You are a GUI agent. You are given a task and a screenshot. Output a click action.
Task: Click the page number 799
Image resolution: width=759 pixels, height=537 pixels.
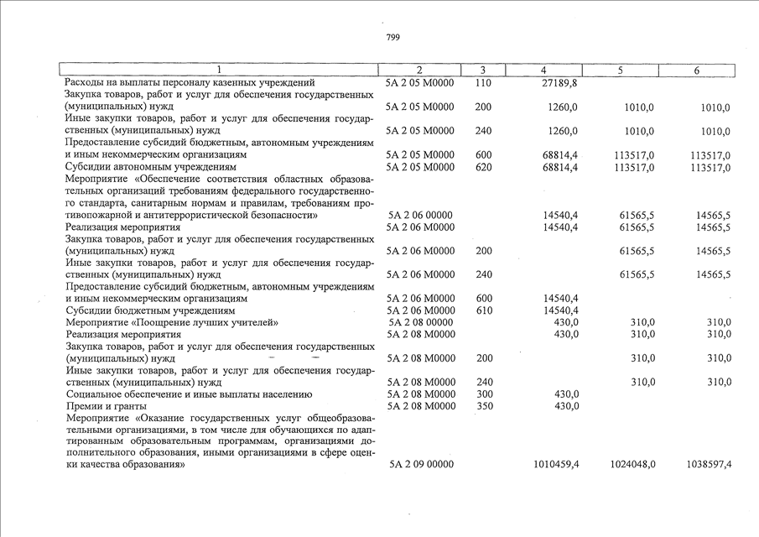point(393,37)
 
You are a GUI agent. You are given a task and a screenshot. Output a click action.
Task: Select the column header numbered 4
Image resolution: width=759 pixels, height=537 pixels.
point(544,70)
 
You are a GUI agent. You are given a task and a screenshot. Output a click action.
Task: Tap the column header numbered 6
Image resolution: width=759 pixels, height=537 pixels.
point(697,70)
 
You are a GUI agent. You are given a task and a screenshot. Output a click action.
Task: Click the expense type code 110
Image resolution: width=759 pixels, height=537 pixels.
point(482,83)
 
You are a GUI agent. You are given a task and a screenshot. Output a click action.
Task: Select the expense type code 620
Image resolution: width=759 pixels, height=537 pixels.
point(483,168)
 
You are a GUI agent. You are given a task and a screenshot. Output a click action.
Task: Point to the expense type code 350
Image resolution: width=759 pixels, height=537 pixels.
point(483,406)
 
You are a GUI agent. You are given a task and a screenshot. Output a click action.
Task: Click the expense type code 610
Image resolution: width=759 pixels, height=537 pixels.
point(483,310)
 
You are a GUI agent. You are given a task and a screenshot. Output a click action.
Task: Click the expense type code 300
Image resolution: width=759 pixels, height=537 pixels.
point(483,394)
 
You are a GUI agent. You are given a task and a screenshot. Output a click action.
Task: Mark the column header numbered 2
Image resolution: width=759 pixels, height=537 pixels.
point(419,70)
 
